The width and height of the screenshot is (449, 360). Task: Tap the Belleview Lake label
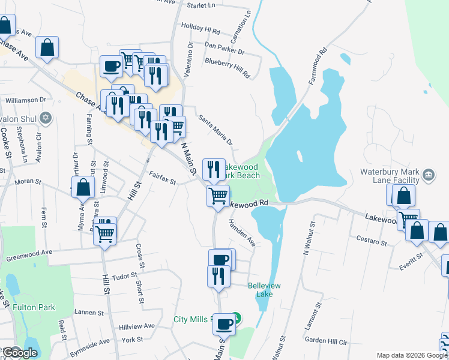pyautogui.click(x=264, y=290)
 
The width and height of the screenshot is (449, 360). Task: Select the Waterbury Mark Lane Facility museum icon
pyautogui.click(x=429, y=175)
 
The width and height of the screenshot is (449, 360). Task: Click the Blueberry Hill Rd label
pyautogui.click(x=226, y=67)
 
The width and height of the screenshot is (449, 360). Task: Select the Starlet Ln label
pyautogui.click(x=200, y=5)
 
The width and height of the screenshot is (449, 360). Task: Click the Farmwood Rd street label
pyautogui.click(x=318, y=63)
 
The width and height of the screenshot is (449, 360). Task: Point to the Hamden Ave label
pyautogui.click(x=242, y=233)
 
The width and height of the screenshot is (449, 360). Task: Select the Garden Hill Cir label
pyautogui.click(x=326, y=340)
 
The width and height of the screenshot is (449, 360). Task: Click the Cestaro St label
pyautogui.click(x=371, y=242)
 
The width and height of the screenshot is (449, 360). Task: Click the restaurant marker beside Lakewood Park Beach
pyautogui.click(x=214, y=169)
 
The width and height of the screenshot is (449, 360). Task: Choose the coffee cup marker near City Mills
pyautogui.click(x=224, y=324)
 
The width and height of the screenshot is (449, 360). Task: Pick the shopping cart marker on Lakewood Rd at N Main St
pyautogui.click(x=218, y=195)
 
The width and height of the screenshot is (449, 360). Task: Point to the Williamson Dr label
pyautogui.click(x=26, y=100)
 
